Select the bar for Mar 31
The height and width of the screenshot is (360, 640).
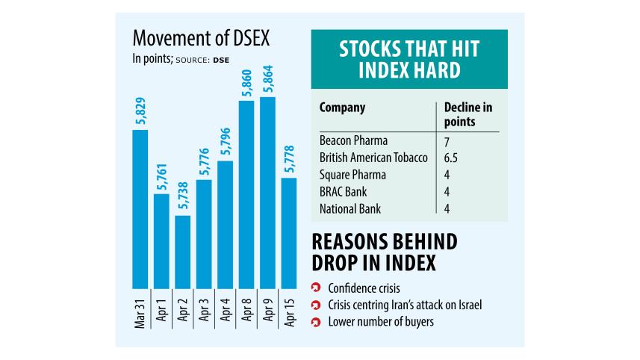pyautogui.click(x=140, y=209)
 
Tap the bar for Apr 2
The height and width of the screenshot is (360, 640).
pyautogui.click(x=182, y=252)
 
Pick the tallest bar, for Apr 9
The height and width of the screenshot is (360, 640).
pyautogui.click(x=267, y=193)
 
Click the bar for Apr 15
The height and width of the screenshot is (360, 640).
pyautogui.click(x=288, y=233)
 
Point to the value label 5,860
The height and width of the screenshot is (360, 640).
pyautogui.click(x=246, y=80)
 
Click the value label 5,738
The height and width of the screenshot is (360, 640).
pyautogui.click(x=182, y=194)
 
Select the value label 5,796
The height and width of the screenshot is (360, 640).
pyautogui.click(x=225, y=140)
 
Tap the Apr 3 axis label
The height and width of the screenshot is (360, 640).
pyautogui.click(x=204, y=310)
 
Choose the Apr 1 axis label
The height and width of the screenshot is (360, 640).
pyautogui.click(x=161, y=310)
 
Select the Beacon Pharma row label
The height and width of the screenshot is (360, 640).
pyautogui.click(x=353, y=140)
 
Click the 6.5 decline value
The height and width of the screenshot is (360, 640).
pyautogui.click(x=448, y=158)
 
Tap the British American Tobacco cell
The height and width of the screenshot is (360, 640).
pyautogui.click(x=373, y=158)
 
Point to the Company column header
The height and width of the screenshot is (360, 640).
pyautogui.click(x=342, y=108)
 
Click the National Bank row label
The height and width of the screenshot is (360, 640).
pyautogui.click(x=350, y=209)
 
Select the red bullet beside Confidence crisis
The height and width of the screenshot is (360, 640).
pyautogui.click(x=316, y=288)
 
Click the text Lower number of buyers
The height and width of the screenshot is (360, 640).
pyautogui.click(x=379, y=323)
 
